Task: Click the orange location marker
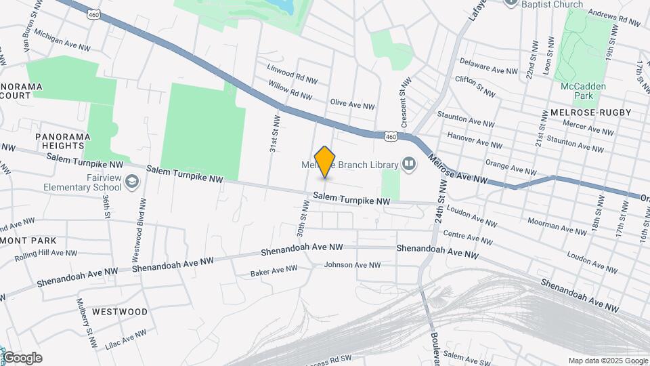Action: [325, 161]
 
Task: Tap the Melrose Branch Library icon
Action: [409, 163]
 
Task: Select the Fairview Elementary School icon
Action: [131, 182]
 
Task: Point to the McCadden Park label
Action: [583, 91]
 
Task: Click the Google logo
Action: [22, 358]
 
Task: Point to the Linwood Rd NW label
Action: [292, 75]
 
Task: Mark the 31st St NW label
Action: [274, 133]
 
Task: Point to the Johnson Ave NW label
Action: [352, 265]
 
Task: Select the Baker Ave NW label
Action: [274, 270]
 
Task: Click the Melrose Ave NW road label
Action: [458, 170]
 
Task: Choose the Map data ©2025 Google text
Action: [608, 361]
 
